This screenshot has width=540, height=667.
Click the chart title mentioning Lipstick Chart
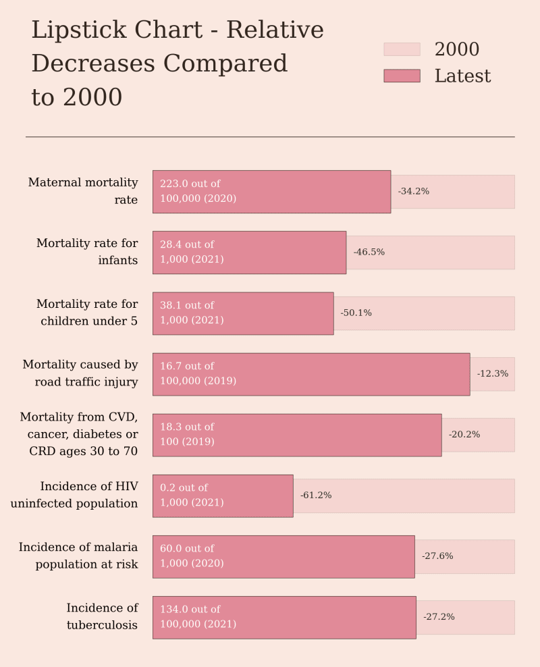178,64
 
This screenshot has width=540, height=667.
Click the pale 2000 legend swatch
402,49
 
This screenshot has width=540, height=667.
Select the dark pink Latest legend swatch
402,76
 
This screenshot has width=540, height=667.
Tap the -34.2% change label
413,192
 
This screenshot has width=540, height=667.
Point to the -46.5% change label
369,252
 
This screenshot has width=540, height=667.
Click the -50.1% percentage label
356,313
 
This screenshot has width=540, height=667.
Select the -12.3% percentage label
492,374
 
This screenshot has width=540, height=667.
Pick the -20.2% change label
464,435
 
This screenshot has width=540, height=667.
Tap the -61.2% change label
316,496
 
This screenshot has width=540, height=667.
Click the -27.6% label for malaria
437,556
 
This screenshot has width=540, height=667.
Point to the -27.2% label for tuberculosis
439,617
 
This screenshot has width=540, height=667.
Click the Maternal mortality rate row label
83,192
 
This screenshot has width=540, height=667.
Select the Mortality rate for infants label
87,252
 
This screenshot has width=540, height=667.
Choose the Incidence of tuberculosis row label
102,617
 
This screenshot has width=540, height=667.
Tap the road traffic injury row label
80,374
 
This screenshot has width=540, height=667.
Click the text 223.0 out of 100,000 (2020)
198,192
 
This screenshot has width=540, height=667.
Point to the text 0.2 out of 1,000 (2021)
192,496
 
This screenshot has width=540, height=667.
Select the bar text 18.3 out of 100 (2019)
187,435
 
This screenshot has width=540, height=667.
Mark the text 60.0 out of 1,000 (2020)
192,556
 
